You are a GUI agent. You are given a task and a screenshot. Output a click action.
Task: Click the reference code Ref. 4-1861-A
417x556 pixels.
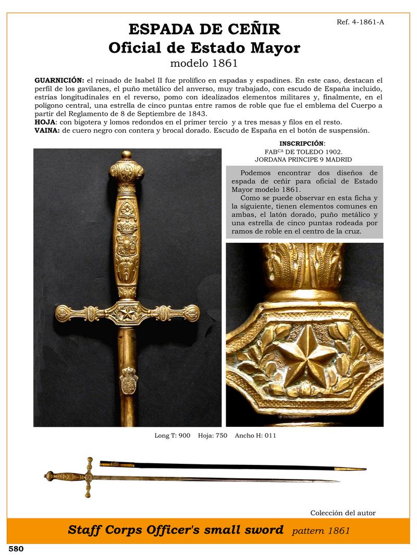pos(360,22)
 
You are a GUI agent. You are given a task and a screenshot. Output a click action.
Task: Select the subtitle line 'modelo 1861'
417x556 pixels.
pos(204,64)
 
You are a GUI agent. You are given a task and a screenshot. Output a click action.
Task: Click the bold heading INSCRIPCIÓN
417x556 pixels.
pos(301,143)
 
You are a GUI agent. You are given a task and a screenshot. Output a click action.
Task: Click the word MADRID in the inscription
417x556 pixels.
pos(337,159)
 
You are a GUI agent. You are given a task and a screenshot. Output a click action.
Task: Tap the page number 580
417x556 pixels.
pos(16,549)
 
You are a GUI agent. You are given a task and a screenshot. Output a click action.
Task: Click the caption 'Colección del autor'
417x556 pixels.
pos(342,513)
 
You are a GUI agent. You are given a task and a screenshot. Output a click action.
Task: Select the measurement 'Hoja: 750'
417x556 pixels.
pos(213,435)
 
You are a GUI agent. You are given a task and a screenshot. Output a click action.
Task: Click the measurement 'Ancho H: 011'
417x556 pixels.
pos(255,435)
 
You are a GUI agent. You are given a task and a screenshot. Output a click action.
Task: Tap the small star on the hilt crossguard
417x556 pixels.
pos(127,313)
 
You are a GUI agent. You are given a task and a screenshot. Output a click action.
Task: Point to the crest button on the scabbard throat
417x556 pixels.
pos(128,383)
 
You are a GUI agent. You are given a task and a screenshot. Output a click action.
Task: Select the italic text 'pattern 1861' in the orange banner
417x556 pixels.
pos(321,531)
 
